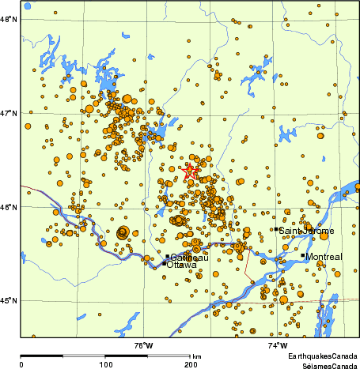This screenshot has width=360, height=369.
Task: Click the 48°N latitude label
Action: pyautogui.click(x=9, y=21)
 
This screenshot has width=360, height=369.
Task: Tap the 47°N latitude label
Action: pyautogui.click(x=9, y=114)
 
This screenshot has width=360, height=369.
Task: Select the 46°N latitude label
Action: pyautogui.click(x=9, y=208)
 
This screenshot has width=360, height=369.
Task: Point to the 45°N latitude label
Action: pyautogui.click(x=9, y=301)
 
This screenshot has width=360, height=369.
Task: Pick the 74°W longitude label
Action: pyautogui.click(x=277, y=345)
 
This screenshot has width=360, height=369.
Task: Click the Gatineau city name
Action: pyautogui.click(x=189, y=258)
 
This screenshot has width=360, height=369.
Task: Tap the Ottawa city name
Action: pyautogui.click(x=180, y=265)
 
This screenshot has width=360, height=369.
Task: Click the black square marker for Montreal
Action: pyautogui.click(x=302, y=255)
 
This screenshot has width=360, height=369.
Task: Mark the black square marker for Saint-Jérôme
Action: pyautogui.click(x=275, y=229)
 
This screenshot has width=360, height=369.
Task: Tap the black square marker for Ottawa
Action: pyautogui.click(x=165, y=263)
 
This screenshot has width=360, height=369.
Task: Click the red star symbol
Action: pyautogui.click(x=191, y=171)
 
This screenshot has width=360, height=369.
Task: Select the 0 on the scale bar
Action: pyautogui.click(x=21, y=364)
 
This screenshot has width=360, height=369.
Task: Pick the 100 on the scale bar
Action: pyautogui.click(x=105, y=364)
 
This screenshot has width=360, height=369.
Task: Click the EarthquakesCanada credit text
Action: pyautogui.click(x=322, y=357)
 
